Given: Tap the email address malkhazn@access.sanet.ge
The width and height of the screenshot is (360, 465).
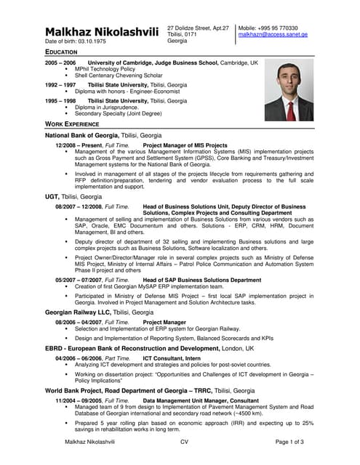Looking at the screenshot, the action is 273,34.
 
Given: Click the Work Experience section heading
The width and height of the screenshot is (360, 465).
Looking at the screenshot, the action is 72,125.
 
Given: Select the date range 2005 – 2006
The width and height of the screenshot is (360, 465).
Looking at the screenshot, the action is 60,63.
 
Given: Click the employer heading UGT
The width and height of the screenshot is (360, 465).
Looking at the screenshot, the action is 52,196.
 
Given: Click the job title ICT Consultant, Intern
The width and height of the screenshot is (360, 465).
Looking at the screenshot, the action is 172,358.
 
